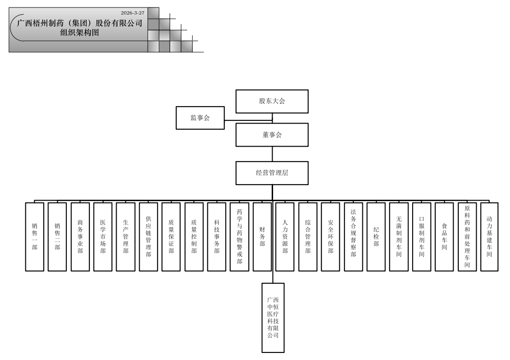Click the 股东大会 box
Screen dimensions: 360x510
[x=272, y=101]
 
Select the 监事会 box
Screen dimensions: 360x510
[x=200, y=118]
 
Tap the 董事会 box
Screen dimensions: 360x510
[x=272, y=135]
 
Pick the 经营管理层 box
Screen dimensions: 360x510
[x=272, y=173]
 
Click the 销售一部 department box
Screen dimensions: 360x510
[x=35, y=237]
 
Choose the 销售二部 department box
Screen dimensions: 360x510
[x=57, y=237]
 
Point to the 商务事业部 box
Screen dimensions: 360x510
[x=80, y=237]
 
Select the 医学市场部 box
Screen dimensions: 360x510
[x=103, y=237]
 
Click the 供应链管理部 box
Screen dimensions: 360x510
[x=149, y=237]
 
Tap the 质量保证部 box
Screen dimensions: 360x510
[x=171, y=237]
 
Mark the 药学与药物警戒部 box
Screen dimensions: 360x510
[x=239, y=237]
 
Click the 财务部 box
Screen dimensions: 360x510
[x=262, y=237]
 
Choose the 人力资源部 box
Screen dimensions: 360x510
[x=285, y=237]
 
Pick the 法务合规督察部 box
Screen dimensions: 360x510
[x=353, y=237]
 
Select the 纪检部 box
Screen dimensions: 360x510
[x=376, y=237]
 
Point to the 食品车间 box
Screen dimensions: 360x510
[x=444, y=237]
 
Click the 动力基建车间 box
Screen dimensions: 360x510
[x=489, y=237]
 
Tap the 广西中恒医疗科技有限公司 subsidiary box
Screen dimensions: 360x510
[x=273, y=317]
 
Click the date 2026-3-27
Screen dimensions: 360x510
[x=133, y=13]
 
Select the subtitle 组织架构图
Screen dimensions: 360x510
[x=80, y=32]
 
